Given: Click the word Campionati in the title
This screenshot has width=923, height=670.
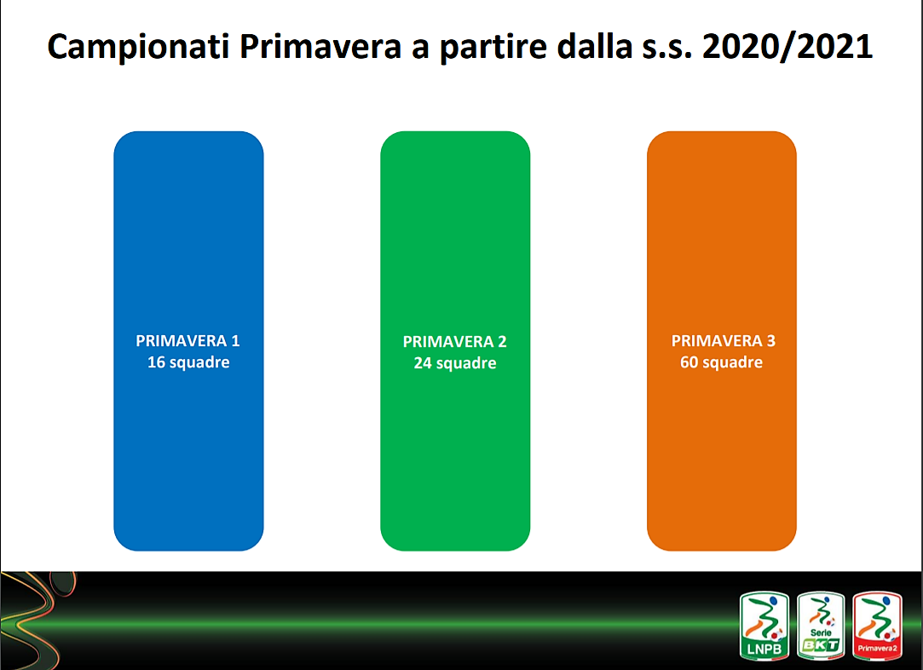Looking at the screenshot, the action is (138, 47).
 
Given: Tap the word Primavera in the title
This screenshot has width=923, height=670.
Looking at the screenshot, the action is (320, 46).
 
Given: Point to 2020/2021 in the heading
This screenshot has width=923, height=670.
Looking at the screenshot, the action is (787, 47).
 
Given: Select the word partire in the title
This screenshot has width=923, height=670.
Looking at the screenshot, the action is (493, 47).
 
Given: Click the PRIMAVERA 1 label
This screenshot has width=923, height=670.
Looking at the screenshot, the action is (187, 340).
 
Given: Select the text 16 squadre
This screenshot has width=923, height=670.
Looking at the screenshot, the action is (188, 362).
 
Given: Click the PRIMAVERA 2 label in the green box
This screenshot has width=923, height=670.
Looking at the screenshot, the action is (454, 342).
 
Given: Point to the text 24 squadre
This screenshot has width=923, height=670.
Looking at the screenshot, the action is (455, 363).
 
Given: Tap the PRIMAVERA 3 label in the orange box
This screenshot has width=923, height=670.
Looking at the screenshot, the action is (724, 340).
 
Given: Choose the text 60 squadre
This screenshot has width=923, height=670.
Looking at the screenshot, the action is (722, 362).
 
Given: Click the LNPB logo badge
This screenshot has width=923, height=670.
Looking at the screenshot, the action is (764, 626).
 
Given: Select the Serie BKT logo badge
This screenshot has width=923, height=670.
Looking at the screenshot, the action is (821, 626).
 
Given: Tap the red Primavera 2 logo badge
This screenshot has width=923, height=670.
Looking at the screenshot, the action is (877, 626).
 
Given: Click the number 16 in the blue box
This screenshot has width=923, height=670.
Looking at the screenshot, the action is (156, 362).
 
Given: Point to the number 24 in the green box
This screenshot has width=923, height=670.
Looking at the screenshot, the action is (423, 363).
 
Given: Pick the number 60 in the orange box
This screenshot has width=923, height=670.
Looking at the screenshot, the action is (689, 362).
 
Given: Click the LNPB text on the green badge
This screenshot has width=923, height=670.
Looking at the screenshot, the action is (764, 649).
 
